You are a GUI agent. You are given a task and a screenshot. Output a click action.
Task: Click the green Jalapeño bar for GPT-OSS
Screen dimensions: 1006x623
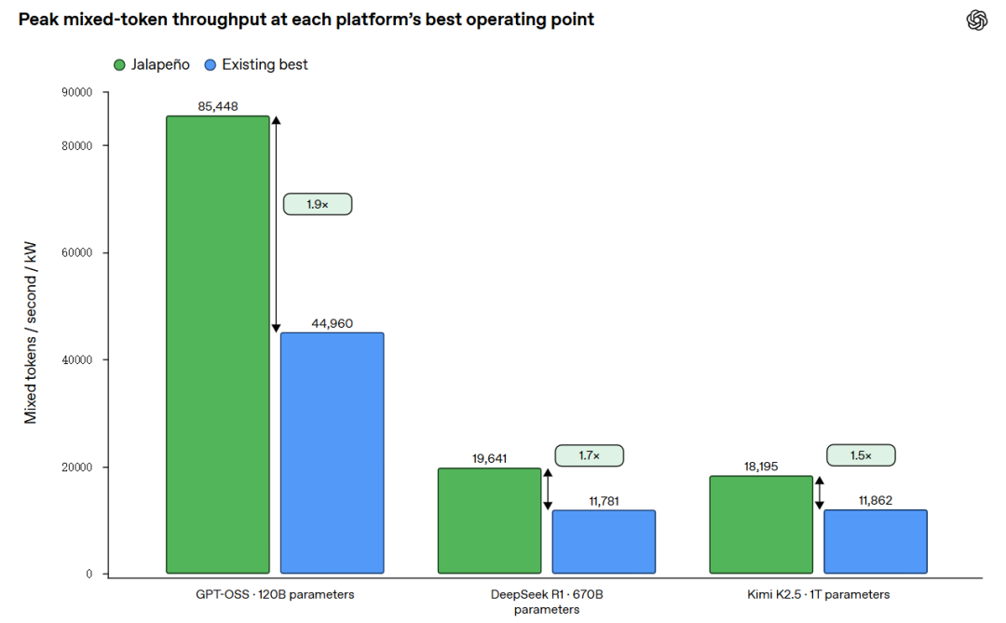coord(218,345)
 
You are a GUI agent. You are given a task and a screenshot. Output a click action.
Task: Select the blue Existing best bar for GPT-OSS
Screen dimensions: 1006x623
coord(333,453)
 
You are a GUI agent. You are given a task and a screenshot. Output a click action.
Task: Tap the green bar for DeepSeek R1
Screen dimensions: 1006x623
coord(490,521)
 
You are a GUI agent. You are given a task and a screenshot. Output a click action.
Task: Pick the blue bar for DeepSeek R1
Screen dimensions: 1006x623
coord(604,542)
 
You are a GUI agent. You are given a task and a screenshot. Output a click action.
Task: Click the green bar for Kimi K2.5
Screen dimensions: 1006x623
coord(761,525)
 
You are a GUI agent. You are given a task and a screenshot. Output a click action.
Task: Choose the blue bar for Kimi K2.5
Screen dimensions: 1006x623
coord(876,541)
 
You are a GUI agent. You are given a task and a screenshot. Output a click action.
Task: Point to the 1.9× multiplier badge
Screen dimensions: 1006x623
coord(318,204)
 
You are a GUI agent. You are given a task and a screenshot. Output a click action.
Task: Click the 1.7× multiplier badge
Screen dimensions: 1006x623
coord(589,455)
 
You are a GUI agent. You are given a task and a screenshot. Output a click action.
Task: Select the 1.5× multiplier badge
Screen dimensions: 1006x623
coord(861,455)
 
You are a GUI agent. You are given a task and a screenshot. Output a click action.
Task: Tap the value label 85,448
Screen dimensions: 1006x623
coord(218,106)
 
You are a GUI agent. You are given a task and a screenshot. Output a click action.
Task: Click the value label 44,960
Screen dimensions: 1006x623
coord(333,323)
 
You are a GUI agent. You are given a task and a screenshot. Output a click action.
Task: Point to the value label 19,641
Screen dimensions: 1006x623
coord(490,459)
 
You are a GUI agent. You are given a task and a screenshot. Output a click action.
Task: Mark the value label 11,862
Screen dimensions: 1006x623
coord(876,500)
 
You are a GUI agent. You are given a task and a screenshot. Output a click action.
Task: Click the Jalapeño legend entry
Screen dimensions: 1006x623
coord(152,65)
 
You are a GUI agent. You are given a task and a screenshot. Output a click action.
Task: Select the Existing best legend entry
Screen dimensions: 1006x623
coord(256,65)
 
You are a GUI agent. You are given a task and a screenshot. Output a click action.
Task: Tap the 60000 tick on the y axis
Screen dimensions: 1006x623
coord(77,252)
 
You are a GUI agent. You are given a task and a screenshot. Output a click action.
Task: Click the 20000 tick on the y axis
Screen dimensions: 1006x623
coord(77,467)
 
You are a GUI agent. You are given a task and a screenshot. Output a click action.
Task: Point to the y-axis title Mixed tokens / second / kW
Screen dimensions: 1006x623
coord(30,332)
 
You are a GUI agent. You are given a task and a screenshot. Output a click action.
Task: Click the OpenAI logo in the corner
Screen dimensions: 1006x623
coord(977,20)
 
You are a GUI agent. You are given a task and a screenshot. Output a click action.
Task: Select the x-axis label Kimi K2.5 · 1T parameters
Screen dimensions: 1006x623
coord(819,595)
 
